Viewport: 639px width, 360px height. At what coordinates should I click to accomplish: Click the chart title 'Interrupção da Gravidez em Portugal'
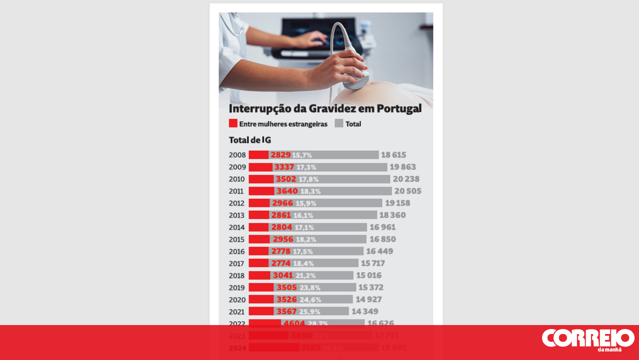point(325,108)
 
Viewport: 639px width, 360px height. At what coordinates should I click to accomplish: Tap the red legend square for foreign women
point(233,123)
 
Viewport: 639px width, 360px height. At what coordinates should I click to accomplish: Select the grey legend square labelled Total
point(339,123)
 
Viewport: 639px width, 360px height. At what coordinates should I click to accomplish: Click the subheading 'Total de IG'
point(250,140)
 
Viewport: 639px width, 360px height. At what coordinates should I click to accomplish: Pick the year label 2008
point(237,155)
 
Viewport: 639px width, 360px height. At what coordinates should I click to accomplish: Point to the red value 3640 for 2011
point(287,191)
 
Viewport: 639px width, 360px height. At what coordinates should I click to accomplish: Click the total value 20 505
point(407,191)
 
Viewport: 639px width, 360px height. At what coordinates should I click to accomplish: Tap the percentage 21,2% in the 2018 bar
point(306,276)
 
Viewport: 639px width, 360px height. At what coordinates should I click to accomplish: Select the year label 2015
point(237,240)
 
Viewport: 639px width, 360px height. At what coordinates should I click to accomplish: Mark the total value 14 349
point(364,312)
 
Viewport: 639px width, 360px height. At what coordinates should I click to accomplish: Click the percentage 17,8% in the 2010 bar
point(309,179)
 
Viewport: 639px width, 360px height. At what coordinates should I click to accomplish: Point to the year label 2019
point(237,288)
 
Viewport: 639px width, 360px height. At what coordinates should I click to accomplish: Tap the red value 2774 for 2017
point(281,264)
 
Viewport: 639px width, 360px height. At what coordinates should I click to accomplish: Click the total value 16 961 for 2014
point(382,228)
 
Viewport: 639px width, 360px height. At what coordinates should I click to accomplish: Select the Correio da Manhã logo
point(588,340)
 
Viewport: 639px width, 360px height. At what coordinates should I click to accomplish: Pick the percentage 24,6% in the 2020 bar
point(310,300)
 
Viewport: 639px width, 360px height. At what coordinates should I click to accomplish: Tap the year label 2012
point(237,203)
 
